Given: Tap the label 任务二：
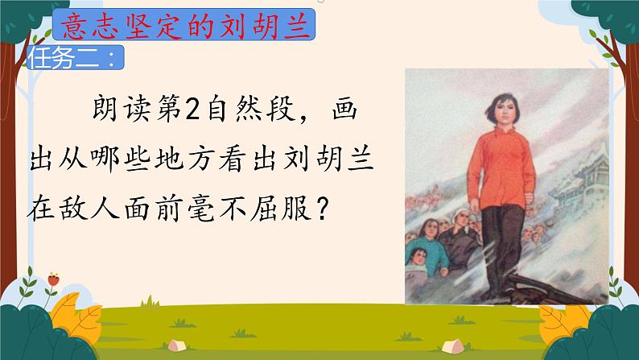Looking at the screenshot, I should click(76, 59).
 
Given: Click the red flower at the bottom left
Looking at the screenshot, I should click(54, 279).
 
